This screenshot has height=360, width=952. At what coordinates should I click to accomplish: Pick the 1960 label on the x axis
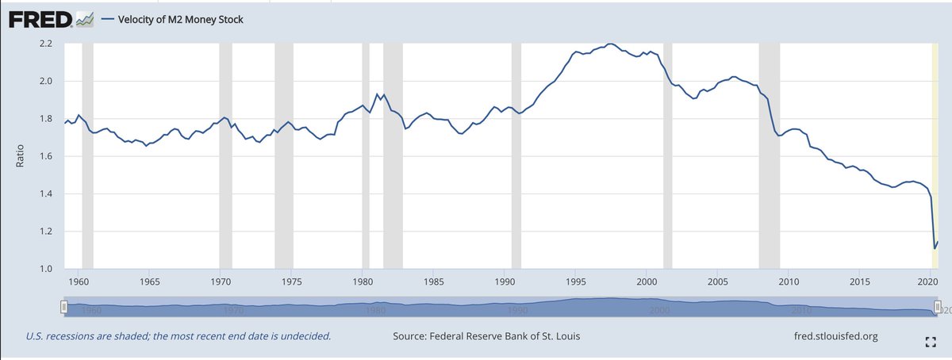point(78,281)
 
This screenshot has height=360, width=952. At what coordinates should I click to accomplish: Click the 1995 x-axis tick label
point(576,281)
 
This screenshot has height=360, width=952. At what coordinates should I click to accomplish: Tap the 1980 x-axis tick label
point(362,281)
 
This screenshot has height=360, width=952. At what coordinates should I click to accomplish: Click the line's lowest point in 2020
point(935,248)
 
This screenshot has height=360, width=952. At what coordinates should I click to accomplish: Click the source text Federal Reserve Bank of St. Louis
point(486,336)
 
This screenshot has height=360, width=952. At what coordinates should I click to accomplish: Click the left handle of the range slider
point(63,308)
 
